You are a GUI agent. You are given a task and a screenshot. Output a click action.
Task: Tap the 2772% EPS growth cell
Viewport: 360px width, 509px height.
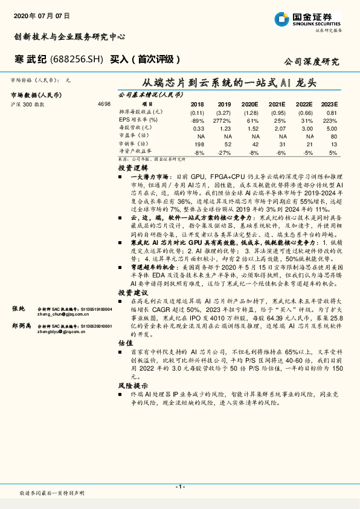point(224,120)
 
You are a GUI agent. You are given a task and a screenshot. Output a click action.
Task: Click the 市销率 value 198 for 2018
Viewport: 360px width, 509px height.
point(198,144)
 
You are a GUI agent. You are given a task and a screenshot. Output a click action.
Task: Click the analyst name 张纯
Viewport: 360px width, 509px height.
point(18,308)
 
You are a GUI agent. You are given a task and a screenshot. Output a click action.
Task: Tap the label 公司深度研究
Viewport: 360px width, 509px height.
point(311,62)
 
